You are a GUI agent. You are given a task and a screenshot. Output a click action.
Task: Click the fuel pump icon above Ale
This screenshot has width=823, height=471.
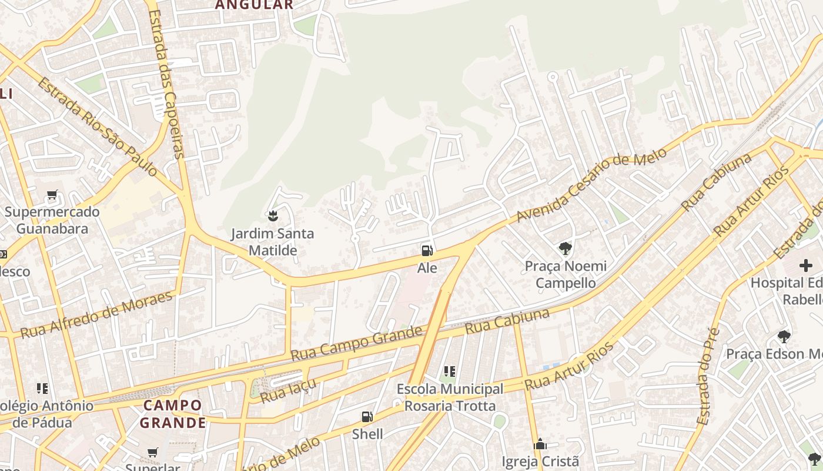pos(427,251)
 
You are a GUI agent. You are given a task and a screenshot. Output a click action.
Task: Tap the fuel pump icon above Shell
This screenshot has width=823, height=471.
pos(367,417)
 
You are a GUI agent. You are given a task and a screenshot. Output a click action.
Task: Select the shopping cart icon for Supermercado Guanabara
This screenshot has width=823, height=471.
pos(52,195)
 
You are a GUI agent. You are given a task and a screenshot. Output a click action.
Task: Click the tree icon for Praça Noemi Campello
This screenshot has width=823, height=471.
pos(566,248)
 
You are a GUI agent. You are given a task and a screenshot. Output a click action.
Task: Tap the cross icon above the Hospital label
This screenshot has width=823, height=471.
pos(805,266)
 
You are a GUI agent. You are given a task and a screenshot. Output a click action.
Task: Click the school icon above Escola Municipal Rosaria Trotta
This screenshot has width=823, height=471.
pos(450,372)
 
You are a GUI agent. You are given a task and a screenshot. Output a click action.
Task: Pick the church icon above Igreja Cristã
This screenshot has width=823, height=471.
pos(540,444)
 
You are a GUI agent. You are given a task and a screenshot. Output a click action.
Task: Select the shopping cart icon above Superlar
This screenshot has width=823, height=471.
pos(153,452)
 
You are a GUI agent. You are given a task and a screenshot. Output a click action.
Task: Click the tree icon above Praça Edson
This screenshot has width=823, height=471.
pos(784,337)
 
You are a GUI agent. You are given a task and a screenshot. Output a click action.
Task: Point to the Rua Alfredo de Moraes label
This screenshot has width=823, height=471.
pos(97,314)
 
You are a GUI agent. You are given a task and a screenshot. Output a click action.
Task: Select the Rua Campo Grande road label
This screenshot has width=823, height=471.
pos(357,343)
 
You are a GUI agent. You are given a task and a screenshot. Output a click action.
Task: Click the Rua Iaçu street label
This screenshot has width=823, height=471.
pos(288,391)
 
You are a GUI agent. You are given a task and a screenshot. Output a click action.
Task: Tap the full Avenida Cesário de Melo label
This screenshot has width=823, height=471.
pos(591,185)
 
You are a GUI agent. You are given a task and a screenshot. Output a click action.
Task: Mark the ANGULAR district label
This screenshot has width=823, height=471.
pos(254,5)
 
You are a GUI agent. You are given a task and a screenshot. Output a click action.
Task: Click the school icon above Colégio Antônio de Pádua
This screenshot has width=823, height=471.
pos(42,388)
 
